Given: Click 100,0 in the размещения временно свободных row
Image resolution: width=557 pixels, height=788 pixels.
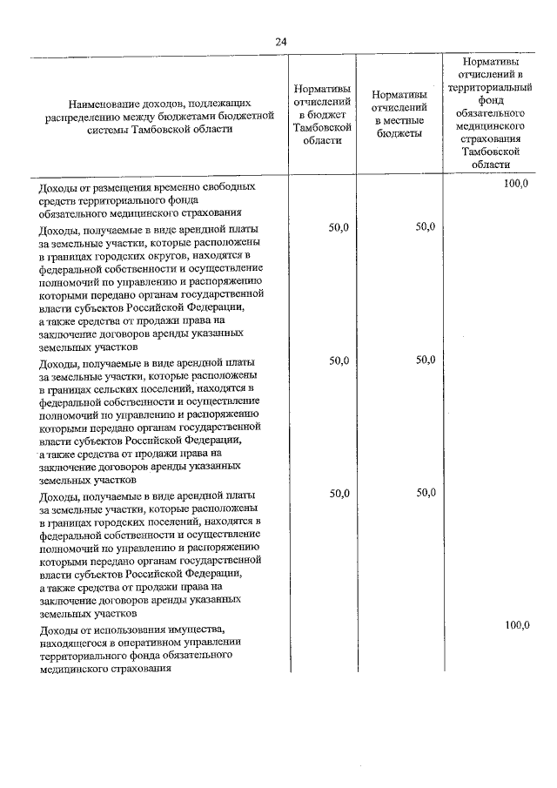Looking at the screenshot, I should coord(516,185).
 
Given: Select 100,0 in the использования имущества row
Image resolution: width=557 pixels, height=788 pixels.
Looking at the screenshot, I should coord(516,625).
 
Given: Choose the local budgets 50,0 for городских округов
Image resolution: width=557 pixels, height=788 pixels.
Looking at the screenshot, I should coord(425,227).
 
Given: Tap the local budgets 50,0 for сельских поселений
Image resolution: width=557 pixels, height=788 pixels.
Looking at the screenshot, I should coord(425,360).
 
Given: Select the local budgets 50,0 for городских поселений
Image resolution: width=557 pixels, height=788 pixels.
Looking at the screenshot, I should coord(425,493).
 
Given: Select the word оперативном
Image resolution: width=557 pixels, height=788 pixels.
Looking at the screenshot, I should coord(143,642).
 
